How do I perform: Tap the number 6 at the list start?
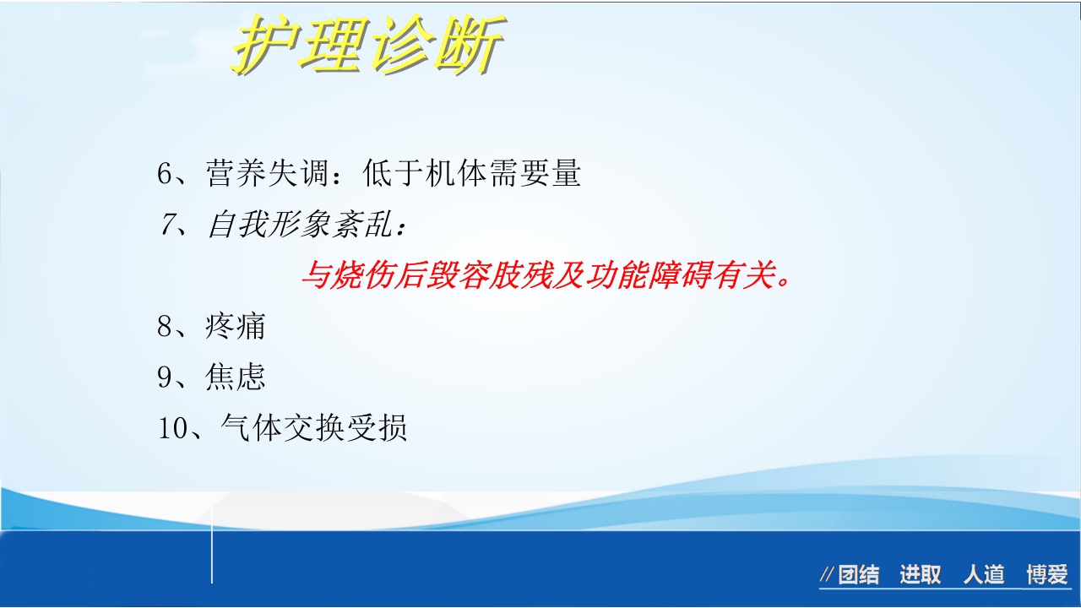point(165,174)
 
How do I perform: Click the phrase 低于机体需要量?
point(472,174)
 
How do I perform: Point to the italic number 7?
point(166,225)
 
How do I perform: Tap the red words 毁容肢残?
point(472,276)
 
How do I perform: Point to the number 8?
point(165,326)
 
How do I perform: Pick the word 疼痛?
point(236,326)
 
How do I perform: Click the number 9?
point(165,377)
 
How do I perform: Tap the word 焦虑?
point(236,377)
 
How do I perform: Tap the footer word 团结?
point(858,576)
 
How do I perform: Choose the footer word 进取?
point(920,576)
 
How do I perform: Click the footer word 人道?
point(984,576)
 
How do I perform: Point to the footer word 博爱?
point(1047,576)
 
